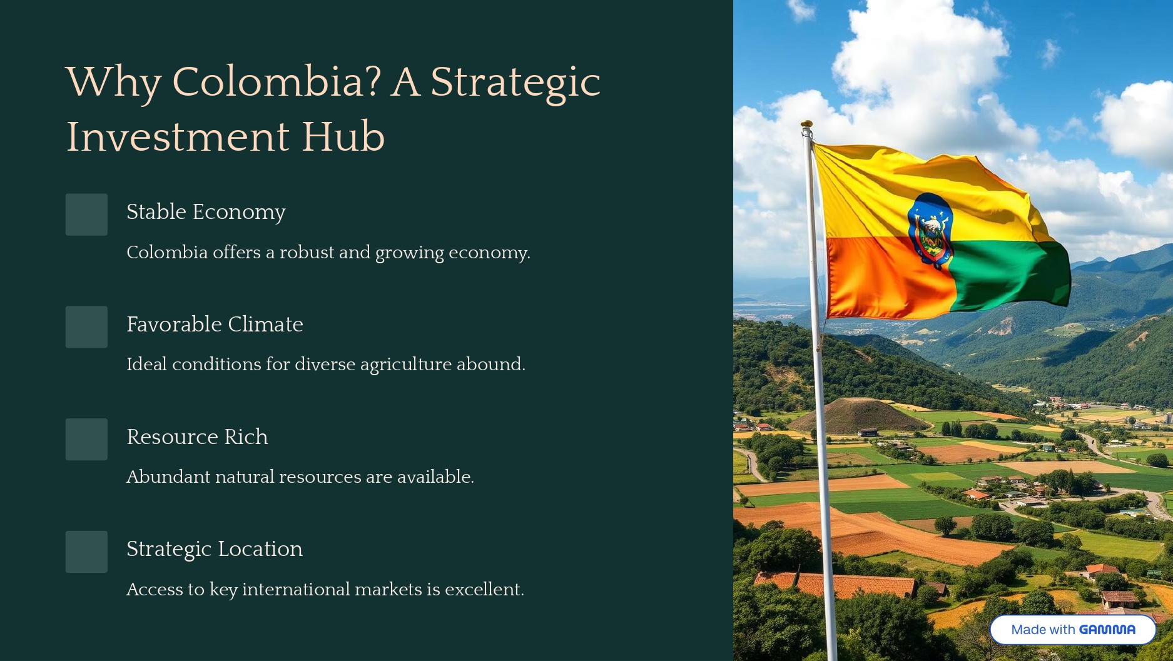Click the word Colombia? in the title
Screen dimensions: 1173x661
pyautogui.click(x=276, y=82)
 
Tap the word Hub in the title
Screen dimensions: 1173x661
pyautogui.click(x=343, y=136)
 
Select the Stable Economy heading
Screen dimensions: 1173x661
pyautogui.click(x=206, y=212)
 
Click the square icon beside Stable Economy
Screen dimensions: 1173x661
pyautogui.click(x=86, y=214)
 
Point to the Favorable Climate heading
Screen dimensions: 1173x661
pyautogui.click(x=215, y=324)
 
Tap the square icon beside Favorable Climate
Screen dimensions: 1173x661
pyautogui.click(x=86, y=327)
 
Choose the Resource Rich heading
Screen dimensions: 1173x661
pyautogui.click(x=197, y=436)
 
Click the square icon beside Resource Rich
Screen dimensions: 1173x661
pyautogui.click(x=86, y=440)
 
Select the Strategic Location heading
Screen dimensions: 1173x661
pyautogui.click(x=215, y=549)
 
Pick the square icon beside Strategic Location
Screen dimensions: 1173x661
pyautogui.click(x=86, y=552)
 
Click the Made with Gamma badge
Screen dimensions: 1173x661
pyautogui.click(x=1073, y=630)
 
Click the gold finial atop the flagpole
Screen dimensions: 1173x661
pyautogui.click(x=806, y=124)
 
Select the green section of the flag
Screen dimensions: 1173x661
pyautogui.click(x=1007, y=275)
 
